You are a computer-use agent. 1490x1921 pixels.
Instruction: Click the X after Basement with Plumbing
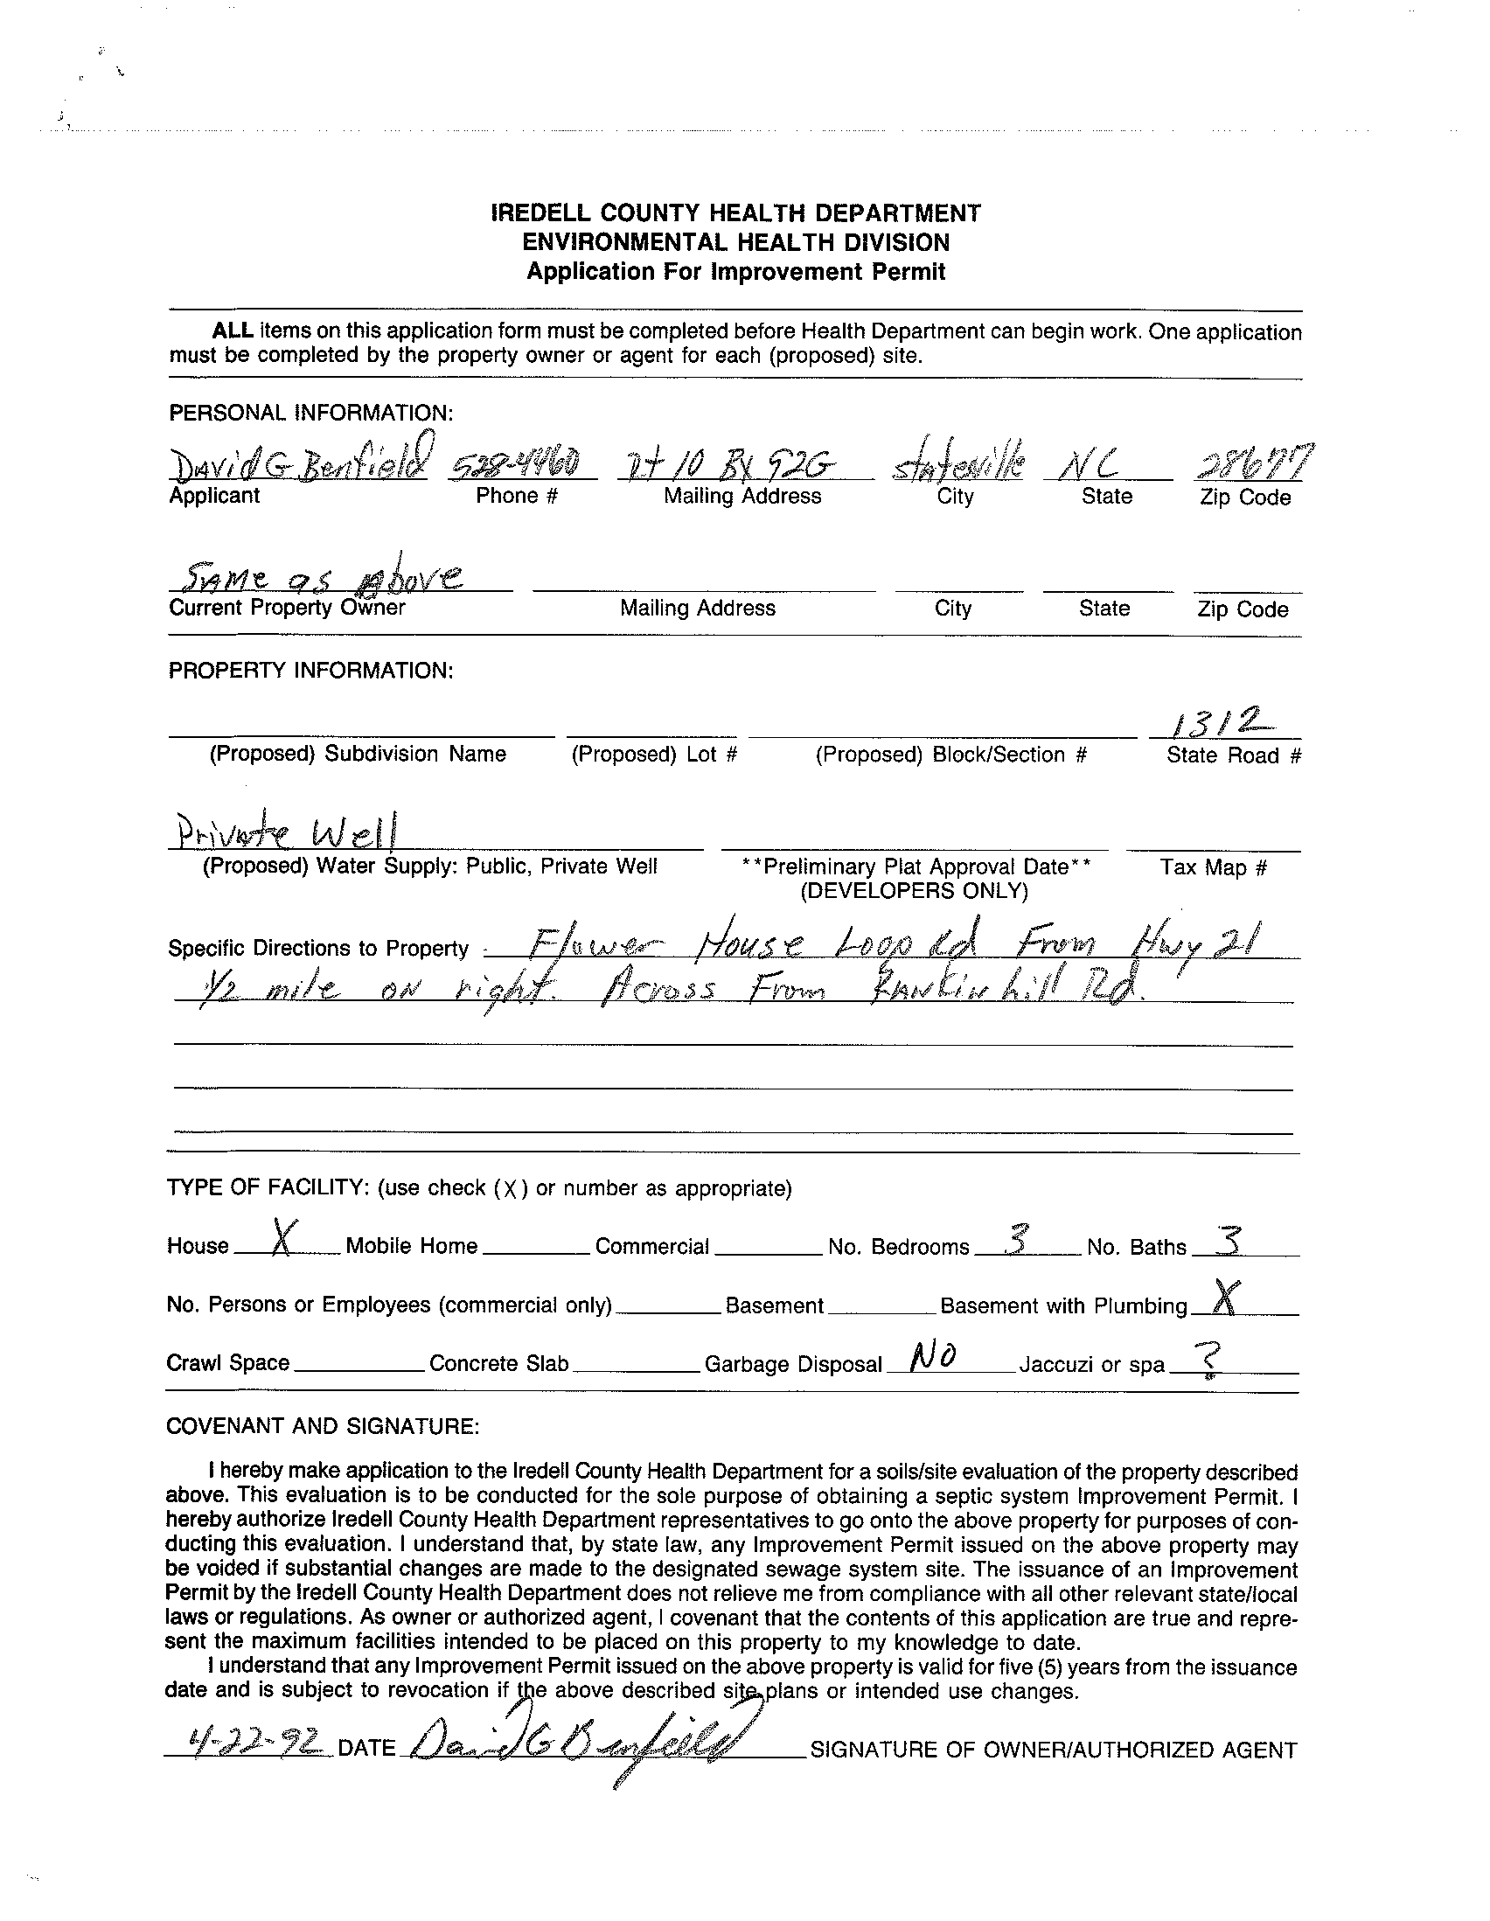click(x=1223, y=1297)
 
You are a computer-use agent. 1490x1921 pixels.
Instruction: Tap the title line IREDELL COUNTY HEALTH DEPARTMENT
click(x=735, y=212)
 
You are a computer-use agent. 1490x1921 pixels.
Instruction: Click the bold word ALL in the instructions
click(x=233, y=331)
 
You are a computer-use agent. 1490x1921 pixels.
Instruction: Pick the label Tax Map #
click(x=1213, y=867)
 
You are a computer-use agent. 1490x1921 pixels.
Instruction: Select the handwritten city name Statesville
click(x=957, y=463)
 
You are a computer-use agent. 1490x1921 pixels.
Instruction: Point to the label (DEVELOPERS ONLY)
click(x=914, y=891)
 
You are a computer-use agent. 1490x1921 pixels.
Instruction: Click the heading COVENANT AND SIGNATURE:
click(x=323, y=1426)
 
